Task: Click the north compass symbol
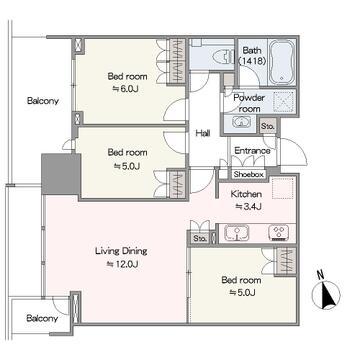coord(326,292)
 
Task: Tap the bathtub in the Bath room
coord(282,63)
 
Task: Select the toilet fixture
coord(227,55)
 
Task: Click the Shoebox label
coord(249,174)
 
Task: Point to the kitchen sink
coord(237,232)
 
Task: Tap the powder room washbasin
coord(241,122)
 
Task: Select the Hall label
coord(203,134)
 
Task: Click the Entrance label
coord(252,151)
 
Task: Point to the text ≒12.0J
coord(122,264)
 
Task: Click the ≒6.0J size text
coord(127,89)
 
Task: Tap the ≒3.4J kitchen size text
coord(248,207)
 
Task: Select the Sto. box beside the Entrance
coord(268,126)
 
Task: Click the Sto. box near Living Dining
coord(199,238)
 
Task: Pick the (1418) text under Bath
coord(252,61)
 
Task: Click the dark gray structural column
coord(60,174)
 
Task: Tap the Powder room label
coord(249,103)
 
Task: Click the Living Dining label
coord(121,251)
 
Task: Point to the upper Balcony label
coord(43,101)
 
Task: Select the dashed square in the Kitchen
coord(283,189)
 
